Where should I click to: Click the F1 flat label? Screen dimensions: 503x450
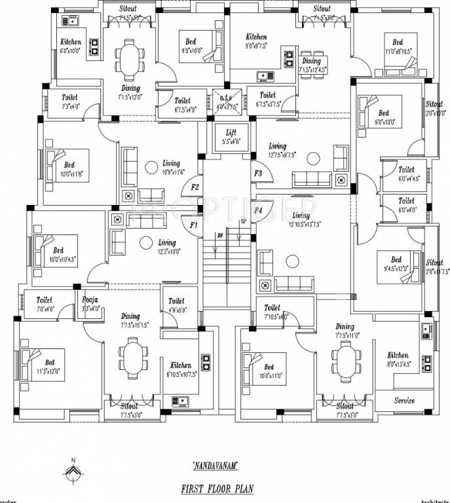[x=193, y=225]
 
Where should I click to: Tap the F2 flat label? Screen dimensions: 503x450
[x=195, y=187]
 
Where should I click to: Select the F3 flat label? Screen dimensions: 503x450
[x=258, y=174]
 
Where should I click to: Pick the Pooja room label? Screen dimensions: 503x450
[x=90, y=299]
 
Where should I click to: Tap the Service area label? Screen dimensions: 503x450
[x=404, y=400]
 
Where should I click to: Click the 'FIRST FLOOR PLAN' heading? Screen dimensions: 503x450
[x=216, y=489]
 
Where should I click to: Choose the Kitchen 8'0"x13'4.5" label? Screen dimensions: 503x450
[x=398, y=360]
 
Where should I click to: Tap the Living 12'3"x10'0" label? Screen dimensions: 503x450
[x=166, y=246]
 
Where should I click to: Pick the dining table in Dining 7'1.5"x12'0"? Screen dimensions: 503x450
[x=125, y=62]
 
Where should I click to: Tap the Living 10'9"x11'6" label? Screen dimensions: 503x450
[x=171, y=168]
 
